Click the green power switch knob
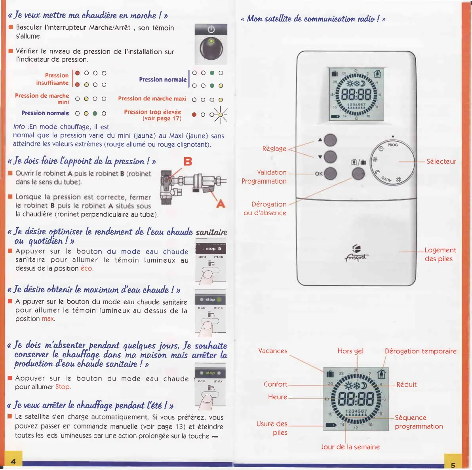[x=211, y=49]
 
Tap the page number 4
[x=13, y=461]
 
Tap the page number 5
[x=453, y=465]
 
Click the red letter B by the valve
[x=188, y=161]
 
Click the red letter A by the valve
[x=221, y=204]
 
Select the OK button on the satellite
[x=330, y=173]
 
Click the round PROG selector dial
[x=392, y=163]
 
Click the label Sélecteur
[x=441, y=161]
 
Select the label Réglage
[x=274, y=149]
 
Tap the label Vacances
[x=272, y=351]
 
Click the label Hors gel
[x=350, y=351]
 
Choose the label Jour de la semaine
[x=350, y=447]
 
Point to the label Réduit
[x=406, y=385]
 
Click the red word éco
[x=86, y=268]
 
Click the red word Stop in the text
[x=63, y=387]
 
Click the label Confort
[x=276, y=384]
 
